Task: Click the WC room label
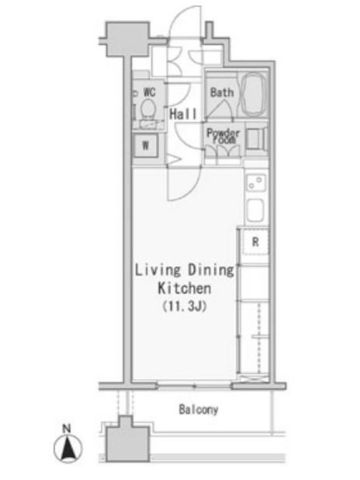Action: (x=149, y=92)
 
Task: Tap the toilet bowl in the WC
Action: (x=149, y=108)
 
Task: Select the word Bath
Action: (x=222, y=92)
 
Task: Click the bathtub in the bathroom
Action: (x=253, y=94)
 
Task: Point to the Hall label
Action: (x=183, y=114)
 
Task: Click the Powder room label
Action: (x=223, y=136)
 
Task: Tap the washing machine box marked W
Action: (x=145, y=146)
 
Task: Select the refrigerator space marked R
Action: (x=256, y=242)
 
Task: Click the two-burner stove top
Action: (x=256, y=183)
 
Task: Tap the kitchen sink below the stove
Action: (x=256, y=210)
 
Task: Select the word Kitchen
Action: (x=184, y=288)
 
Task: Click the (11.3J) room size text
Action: (x=185, y=306)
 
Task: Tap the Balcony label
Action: (x=199, y=409)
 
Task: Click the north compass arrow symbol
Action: (x=68, y=448)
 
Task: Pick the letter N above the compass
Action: (x=67, y=428)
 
